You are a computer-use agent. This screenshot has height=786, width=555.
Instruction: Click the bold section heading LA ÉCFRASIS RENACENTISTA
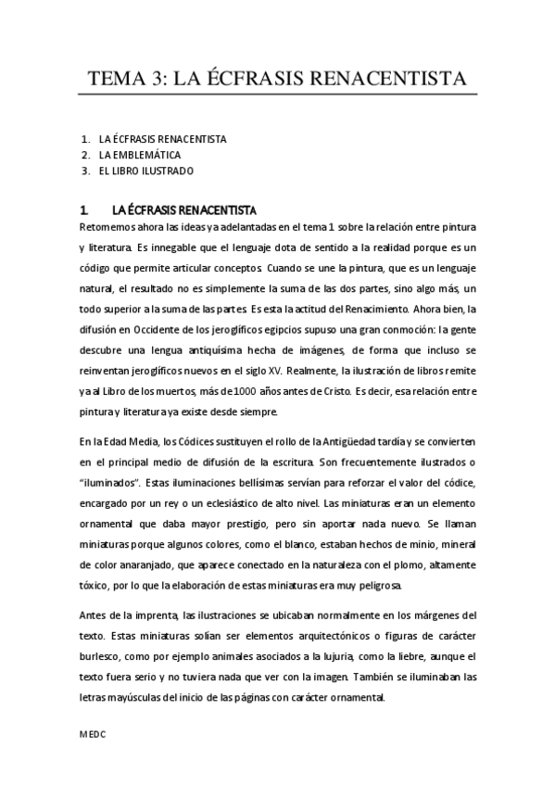(x=183, y=209)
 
